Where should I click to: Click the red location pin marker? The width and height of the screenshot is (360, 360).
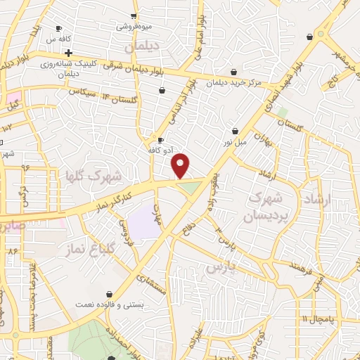click(181, 165)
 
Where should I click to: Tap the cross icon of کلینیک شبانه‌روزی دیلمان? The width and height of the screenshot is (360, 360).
click(68, 53)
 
